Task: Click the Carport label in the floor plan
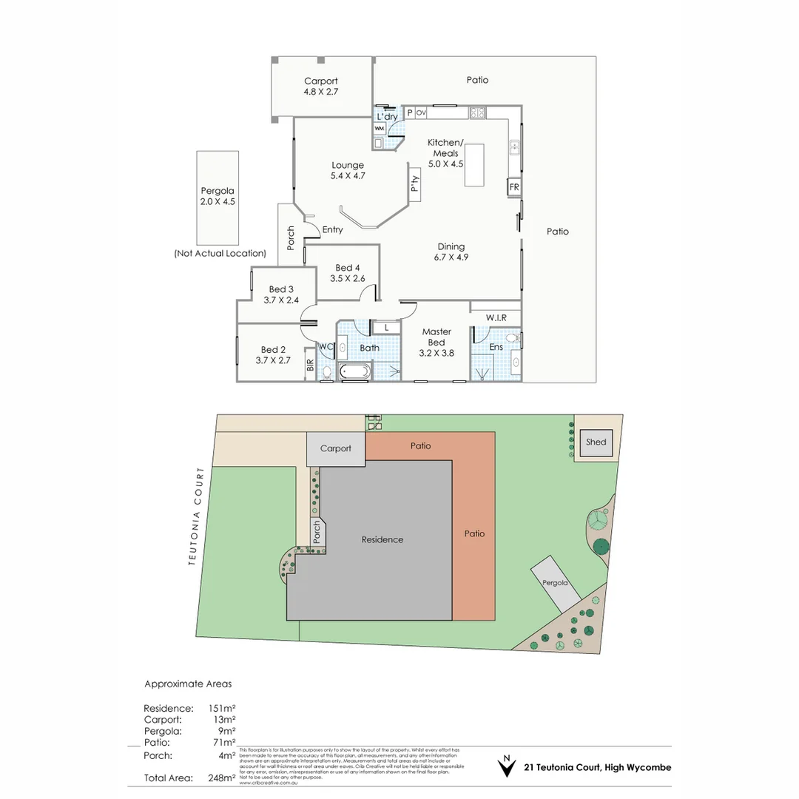(320, 81)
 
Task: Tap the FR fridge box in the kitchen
(513, 187)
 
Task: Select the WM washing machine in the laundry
(380, 129)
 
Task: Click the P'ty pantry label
(415, 182)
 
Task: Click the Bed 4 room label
(348, 268)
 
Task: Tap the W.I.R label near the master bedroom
(496, 318)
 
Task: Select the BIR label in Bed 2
(309, 366)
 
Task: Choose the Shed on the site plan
(596, 442)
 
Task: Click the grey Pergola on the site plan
(556, 582)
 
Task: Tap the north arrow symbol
(506, 766)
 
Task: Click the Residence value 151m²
(222, 708)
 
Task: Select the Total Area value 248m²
(222, 778)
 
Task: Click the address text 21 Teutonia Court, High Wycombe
(597, 767)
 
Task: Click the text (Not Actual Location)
(220, 253)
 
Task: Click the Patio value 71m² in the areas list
(223, 742)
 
